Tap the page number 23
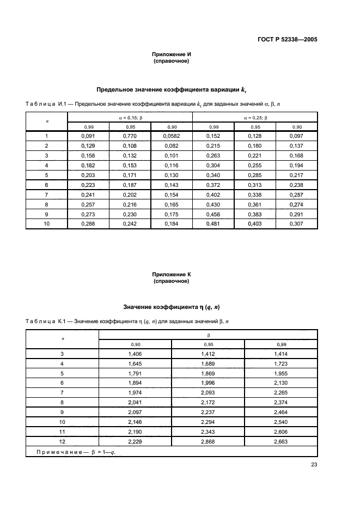(314, 464)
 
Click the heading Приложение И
(172, 54)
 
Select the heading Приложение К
(172, 275)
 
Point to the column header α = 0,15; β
(130, 117)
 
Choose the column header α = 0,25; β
(255, 117)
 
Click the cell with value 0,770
(130, 136)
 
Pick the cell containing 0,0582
(172, 136)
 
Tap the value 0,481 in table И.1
(213, 223)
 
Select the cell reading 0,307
(296, 223)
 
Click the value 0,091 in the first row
(88, 136)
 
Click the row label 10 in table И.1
(47, 223)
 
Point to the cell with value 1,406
(135, 354)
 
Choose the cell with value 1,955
(281, 373)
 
